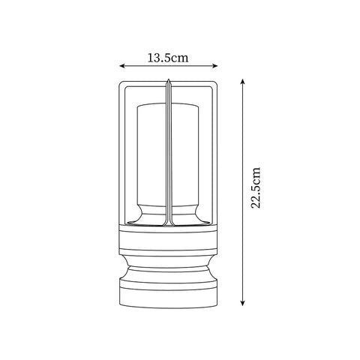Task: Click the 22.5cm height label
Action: click(256, 189)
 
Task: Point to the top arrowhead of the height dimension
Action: click(242, 77)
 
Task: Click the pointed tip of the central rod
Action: click(168, 79)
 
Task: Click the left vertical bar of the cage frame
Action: click(119, 150)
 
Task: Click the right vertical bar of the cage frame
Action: click(217, 150)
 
